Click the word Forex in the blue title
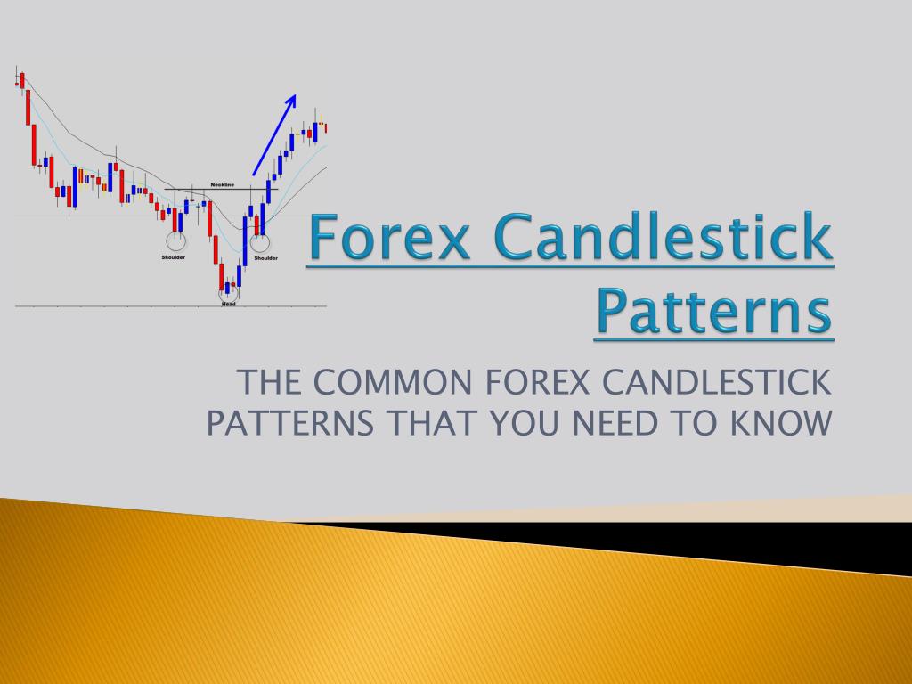[x=391, y=241]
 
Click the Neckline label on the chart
[x=222, y=184]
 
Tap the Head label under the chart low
[x=228, y=304]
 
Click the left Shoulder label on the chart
[x=174, y=257]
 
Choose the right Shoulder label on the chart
[x=265, y=257]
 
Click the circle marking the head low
[x=229, y=289]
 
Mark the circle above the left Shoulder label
[x=175, y=240]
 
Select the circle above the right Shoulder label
[x=259, y=241]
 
